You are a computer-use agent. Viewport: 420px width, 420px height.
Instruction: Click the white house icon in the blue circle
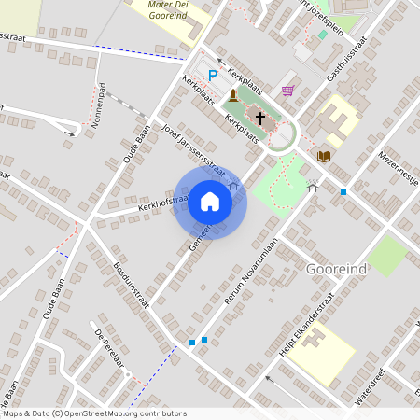[210, 202]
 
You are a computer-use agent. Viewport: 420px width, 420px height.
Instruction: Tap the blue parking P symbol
[213, 76]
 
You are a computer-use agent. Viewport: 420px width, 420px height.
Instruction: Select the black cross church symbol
[261, 123]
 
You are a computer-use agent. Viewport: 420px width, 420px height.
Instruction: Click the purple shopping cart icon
[288, 91]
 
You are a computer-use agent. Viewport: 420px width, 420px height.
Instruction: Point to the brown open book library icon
[323, 155]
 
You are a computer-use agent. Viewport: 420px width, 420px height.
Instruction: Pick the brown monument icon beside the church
[232, 95]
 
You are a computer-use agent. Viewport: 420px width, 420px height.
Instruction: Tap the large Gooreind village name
[335, 269]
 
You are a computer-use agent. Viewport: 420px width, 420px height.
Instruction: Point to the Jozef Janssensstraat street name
[194, 150]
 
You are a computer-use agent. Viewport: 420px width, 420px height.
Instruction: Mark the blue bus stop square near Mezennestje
[343, 192]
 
